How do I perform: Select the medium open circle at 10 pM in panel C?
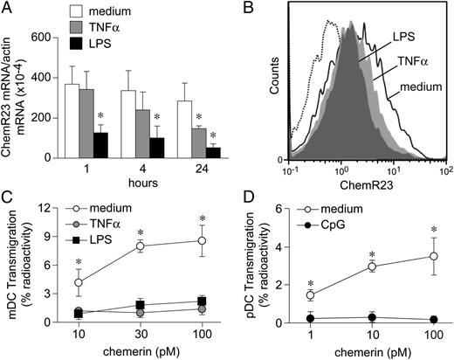pyautogui.click(x=78, y=282)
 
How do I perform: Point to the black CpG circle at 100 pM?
pyautogui.click(x=430, y=321)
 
